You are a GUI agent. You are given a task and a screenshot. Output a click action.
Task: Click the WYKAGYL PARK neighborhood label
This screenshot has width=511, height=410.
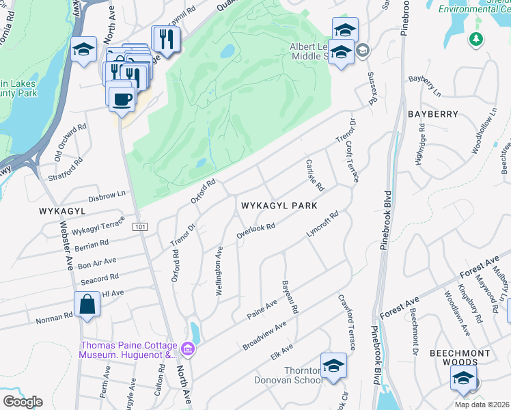coord(277,204)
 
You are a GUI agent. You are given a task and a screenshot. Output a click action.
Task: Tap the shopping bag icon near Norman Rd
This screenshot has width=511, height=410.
coord(88,304)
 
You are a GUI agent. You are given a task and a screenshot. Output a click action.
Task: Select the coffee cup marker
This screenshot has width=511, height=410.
coord(121,99)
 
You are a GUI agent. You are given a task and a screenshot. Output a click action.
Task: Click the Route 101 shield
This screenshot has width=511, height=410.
coord(139,226)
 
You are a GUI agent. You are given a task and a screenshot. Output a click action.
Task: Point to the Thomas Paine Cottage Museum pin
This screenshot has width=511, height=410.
coord(188,351)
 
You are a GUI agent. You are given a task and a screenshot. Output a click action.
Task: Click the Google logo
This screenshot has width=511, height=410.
coord(23,402)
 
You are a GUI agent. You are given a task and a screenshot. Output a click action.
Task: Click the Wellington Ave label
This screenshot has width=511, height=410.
coord(220,271)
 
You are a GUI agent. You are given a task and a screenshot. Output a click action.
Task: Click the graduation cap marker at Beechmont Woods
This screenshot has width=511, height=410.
coord(463,379)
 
